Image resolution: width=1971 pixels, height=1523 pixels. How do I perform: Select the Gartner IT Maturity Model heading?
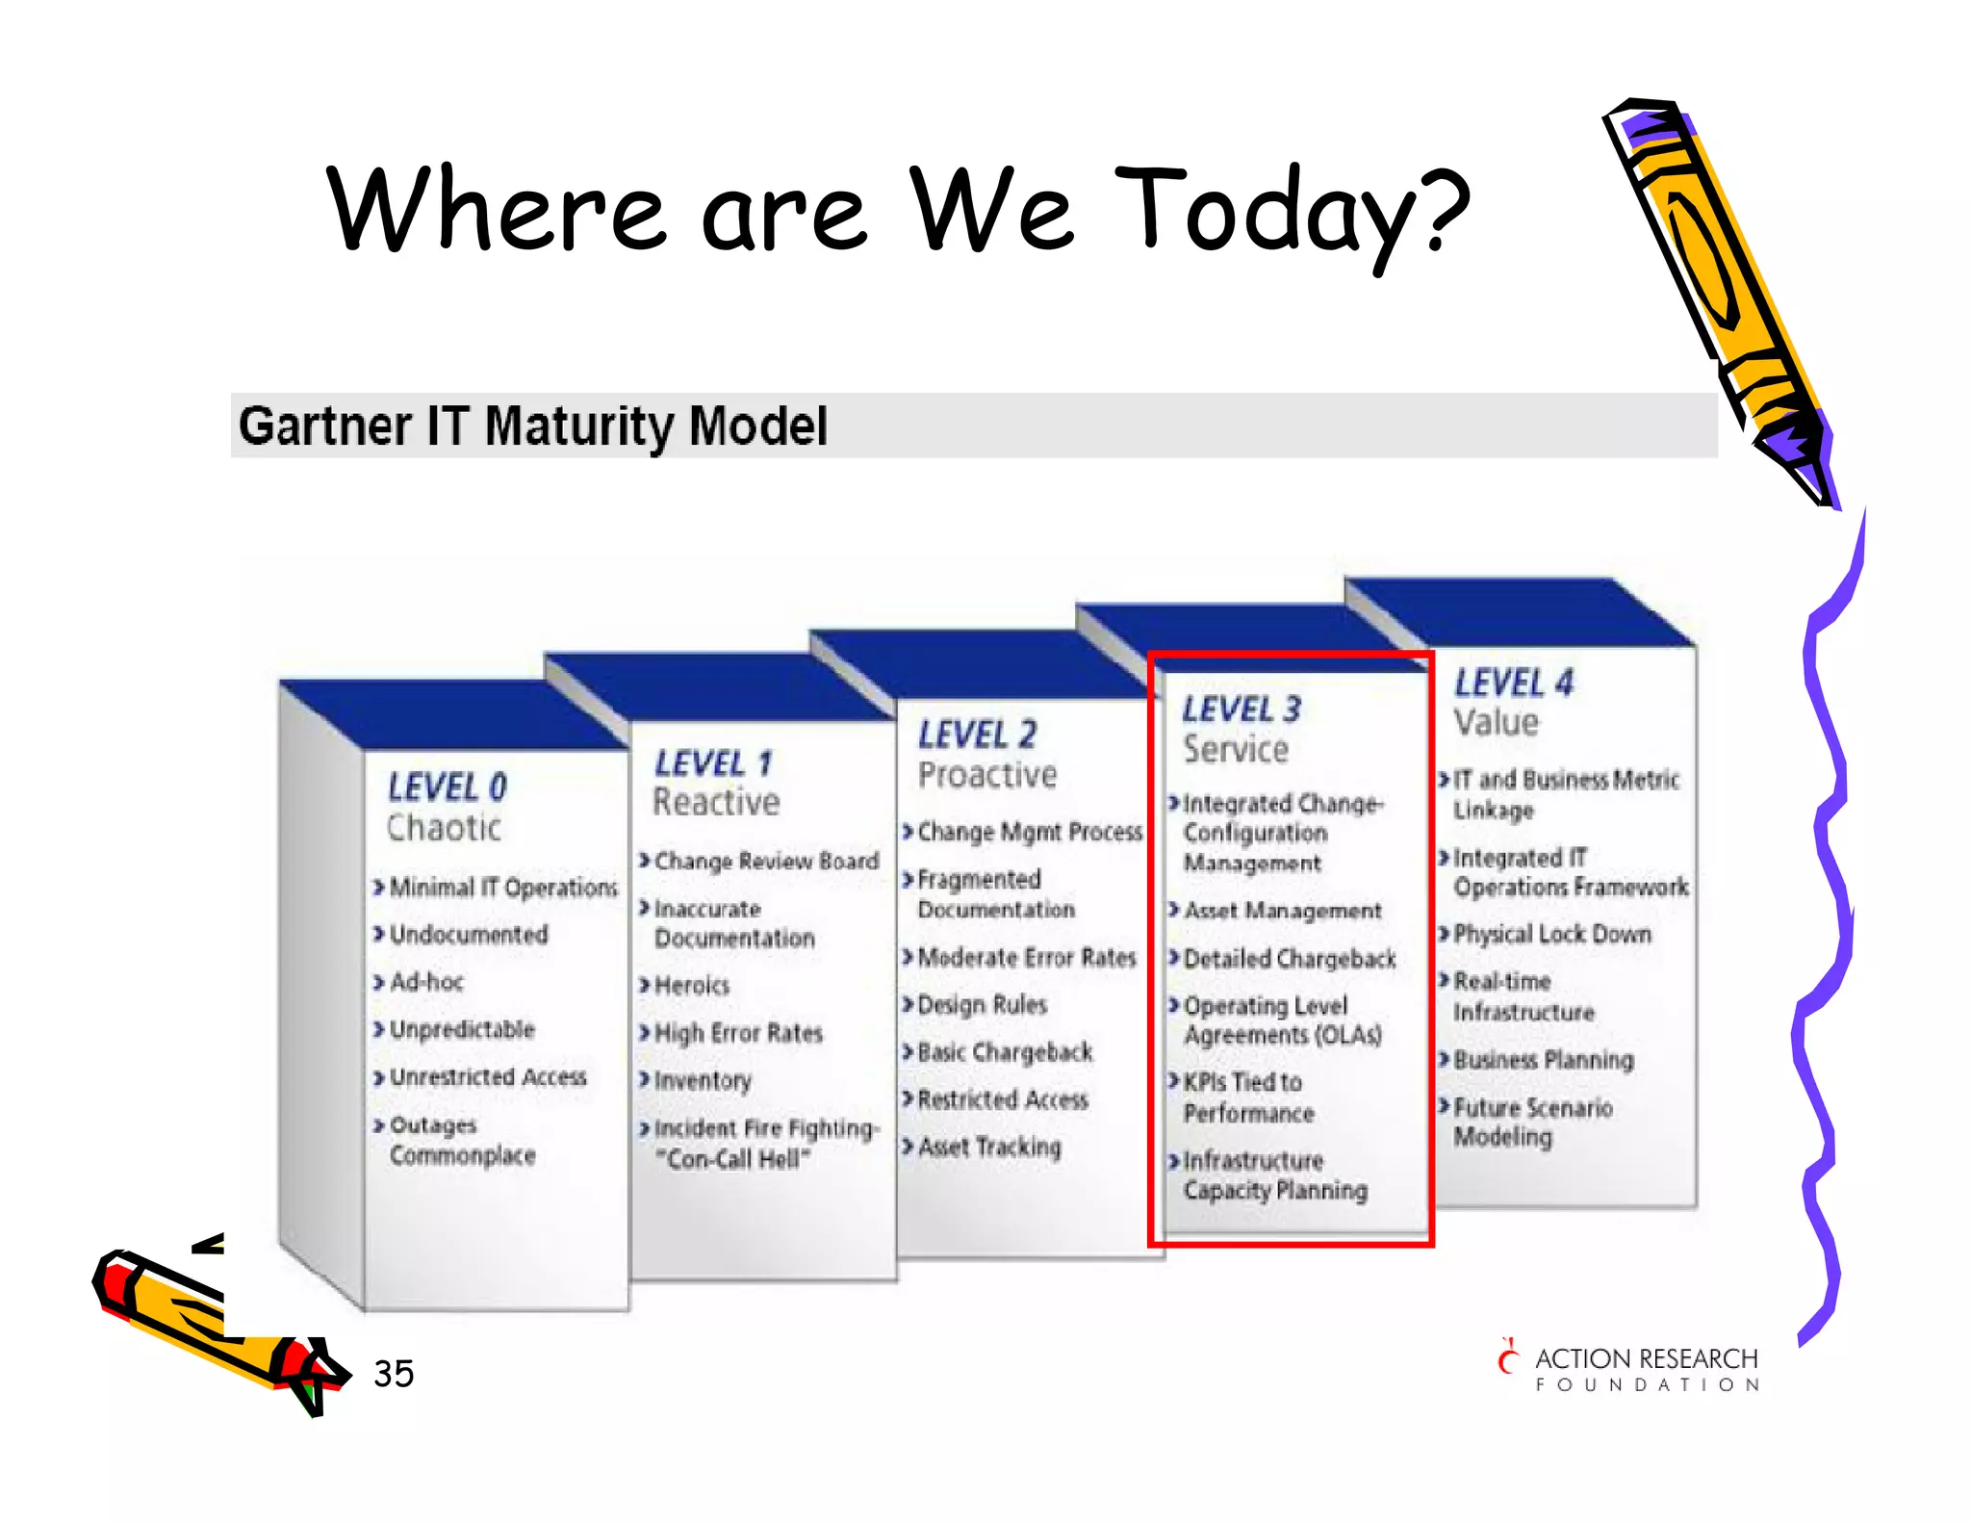pos(532,426)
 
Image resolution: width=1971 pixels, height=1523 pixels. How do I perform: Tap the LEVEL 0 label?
pos(447,787)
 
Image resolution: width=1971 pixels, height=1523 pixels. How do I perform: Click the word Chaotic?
pos(444,828)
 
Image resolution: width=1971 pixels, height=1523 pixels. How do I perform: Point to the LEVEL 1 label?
pos(713,763)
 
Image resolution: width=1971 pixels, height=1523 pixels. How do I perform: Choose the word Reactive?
pos(716,802)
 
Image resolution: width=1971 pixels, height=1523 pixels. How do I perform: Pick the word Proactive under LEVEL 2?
pos(986,775)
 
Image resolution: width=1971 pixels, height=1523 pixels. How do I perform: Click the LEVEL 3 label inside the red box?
pos(1241,710)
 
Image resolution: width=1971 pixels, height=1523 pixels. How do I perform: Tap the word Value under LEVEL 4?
pos(1496,722)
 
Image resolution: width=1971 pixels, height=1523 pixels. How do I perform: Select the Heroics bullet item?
pos(691,986)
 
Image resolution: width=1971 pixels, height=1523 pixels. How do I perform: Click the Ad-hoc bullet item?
pos(426,982)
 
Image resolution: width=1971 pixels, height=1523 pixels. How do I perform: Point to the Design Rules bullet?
pos(982,1005)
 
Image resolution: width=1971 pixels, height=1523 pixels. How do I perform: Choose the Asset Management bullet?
pos(1282,911)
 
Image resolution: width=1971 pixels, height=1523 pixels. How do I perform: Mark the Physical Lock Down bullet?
pos(1551,934)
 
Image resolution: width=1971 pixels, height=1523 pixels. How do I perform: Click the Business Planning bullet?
pos(1543,1060)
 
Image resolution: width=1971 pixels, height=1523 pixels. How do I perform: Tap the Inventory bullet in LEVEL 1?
pos(702,1081)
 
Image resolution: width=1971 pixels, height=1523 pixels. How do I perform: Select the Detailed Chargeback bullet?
pos(1289,959)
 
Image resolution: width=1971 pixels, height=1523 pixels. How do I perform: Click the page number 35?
pos(394,1374)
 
